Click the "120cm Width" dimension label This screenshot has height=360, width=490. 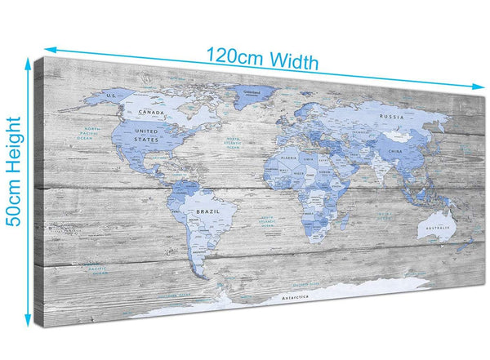point(261,59)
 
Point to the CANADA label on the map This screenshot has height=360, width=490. point(154,112)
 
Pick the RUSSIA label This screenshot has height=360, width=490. point(392,116)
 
